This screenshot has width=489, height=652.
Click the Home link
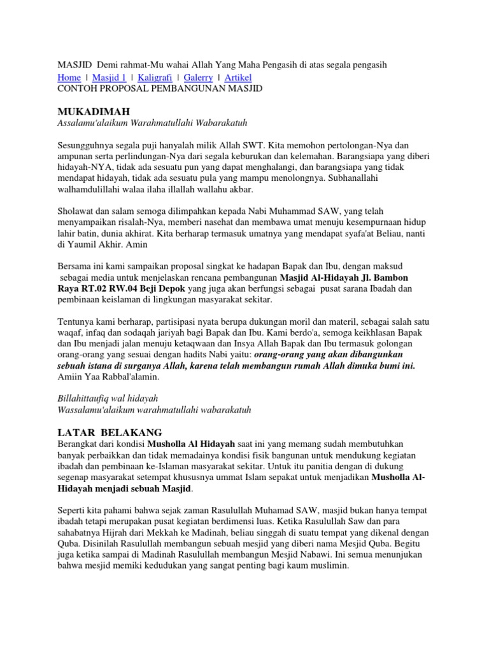click(x=69, y=78)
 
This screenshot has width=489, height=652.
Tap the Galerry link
click(x=198, y=78)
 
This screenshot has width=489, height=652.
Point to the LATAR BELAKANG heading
click(x=110, y=431)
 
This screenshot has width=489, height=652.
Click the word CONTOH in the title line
click(x=77, y=89)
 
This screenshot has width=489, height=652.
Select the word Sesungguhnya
click(x=88, y=144)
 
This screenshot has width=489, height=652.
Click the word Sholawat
click(x=77, y=211)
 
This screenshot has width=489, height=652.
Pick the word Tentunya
click(x=76, y=322)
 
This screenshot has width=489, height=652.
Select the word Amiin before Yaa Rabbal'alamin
click(x=71, y=377)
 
